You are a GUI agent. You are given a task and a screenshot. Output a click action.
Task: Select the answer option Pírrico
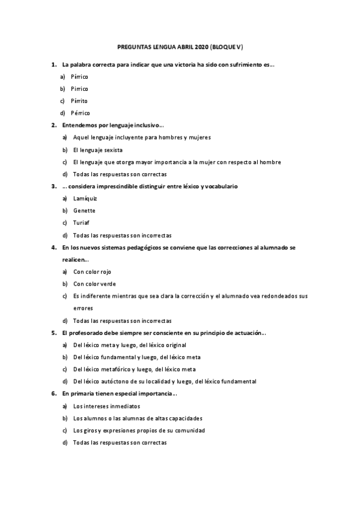tap(79, 77)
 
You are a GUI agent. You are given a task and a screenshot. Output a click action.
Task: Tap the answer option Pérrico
tap(80, 113)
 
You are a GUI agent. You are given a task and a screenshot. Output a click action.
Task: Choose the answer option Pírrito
tap(79, 101)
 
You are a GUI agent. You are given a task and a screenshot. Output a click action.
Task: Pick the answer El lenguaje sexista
tap(98, 150)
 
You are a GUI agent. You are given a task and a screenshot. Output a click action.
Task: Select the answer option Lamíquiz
tap(85, 198)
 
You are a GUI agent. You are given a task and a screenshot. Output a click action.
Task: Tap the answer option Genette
tap(84, 210)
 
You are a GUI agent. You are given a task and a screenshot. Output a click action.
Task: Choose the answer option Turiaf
tap(81, 223)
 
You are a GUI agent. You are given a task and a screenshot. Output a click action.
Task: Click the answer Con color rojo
tap(92, 272)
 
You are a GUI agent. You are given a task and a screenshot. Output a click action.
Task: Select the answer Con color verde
tap(94, 284)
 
